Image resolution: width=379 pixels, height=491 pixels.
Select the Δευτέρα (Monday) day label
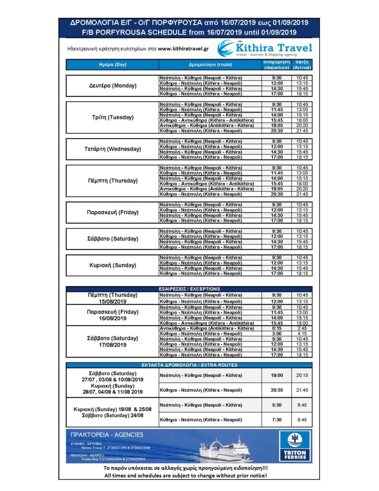click(113, 85)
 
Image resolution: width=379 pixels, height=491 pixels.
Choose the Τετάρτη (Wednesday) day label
click(113, 149)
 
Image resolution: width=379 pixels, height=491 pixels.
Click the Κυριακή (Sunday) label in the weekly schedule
click(113, 265)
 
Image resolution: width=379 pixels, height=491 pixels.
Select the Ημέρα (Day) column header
click(113, 65)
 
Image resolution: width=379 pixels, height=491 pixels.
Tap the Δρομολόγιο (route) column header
click(210, 65)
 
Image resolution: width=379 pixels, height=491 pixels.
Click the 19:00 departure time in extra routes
click(276, 375)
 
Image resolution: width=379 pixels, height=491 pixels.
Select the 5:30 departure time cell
click(276, 405)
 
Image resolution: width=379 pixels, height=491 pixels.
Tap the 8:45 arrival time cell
click(302, 420)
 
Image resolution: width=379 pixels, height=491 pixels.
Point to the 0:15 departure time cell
click(276, 328)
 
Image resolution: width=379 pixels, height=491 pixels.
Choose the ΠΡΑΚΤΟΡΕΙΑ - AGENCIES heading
click(107, 435)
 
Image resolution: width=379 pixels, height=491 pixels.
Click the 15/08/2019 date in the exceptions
click(113, 302)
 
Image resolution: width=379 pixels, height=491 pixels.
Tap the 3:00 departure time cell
click(276, 333)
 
